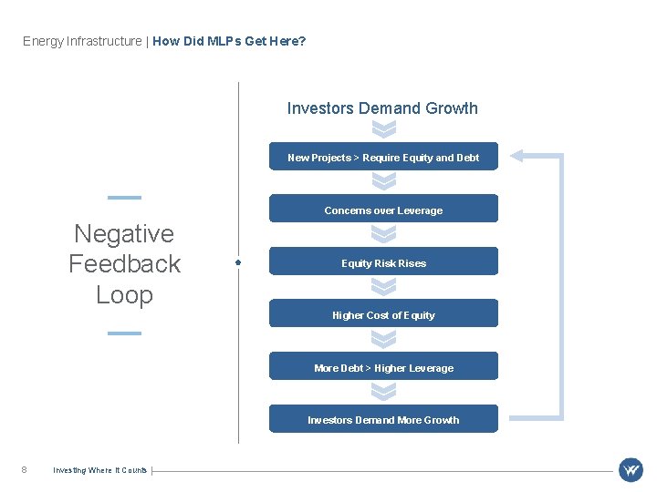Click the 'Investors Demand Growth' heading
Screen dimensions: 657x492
coord(382,108)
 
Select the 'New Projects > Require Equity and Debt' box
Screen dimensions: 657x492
coord(383,158)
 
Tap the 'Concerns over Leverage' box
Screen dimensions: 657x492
coord(383,210)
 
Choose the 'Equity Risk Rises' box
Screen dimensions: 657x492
coord(383,262)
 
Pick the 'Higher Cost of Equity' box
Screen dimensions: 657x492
coord(383,314)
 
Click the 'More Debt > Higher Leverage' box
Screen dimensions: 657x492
coord(383,367)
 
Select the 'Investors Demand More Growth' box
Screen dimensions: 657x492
coord(383,419)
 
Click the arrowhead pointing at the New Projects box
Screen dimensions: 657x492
coord(516,156)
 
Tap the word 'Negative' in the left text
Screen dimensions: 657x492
coord(124,234)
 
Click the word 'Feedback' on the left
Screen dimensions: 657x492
coord(124,264)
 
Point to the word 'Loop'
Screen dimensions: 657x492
coord(124,295)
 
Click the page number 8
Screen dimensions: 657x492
coord(24,470)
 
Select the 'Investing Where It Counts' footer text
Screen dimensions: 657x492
coord(99,470)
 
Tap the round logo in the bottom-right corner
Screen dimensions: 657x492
coord(631,470)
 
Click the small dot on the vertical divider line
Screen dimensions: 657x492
coord(238,262)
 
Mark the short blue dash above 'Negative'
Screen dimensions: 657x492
coord(124,197)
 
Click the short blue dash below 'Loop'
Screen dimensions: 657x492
coord(124,333)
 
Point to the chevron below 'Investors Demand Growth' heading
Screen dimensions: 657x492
coord(384,129)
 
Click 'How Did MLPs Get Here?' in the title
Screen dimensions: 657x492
coord(229,41)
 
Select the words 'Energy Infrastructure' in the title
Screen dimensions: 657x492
coord(82,41)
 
